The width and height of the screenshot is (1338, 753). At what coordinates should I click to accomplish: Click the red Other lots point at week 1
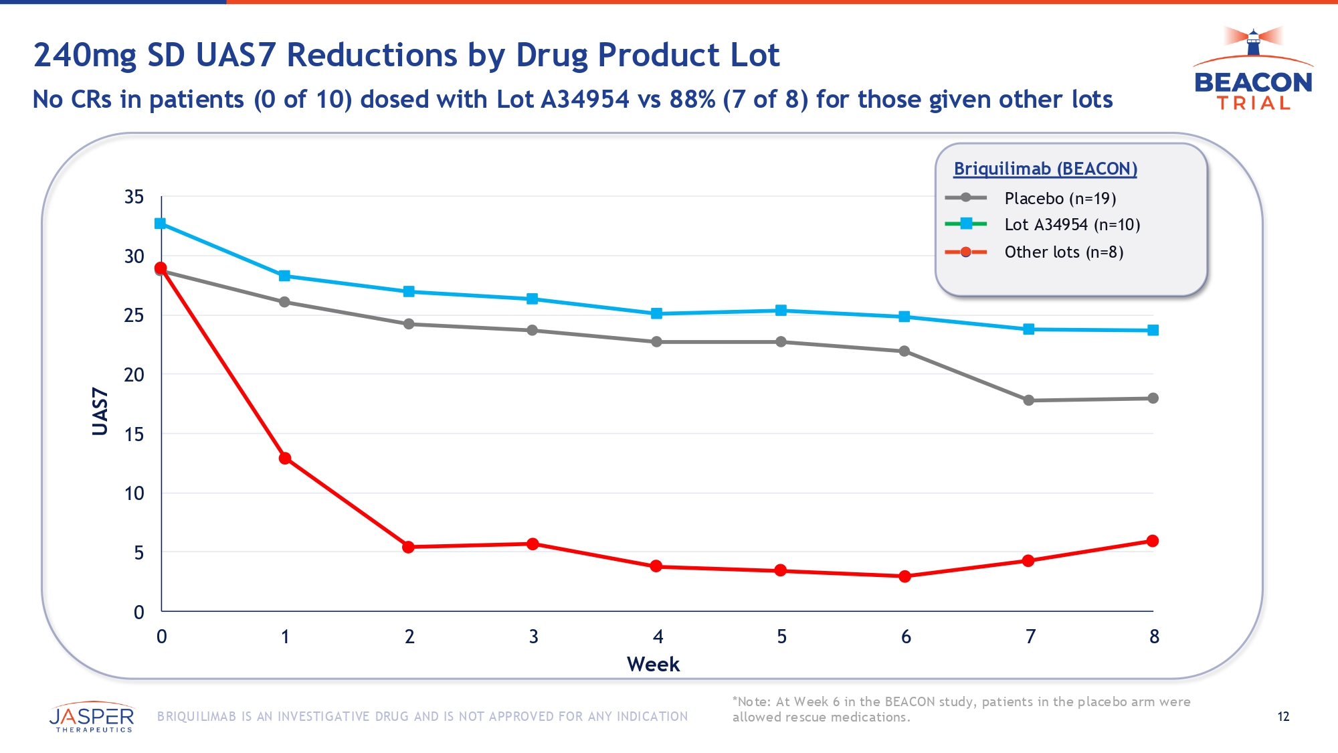[285, 458]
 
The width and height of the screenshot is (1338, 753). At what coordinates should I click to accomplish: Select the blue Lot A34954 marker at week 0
[161, 224]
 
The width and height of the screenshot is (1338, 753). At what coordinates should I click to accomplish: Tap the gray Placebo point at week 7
[1029, 400]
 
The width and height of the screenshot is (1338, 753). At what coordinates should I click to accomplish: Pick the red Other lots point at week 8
[1153, 541]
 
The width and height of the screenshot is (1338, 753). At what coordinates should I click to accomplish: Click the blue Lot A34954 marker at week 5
[781, 311]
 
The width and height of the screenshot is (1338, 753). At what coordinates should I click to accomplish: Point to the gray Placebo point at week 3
[533, 331]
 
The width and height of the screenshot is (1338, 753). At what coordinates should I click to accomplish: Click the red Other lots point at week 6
[905, 576]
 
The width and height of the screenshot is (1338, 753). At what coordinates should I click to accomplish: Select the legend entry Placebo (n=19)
[1060, 198]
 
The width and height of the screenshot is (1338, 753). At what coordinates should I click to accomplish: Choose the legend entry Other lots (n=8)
[1064, 252]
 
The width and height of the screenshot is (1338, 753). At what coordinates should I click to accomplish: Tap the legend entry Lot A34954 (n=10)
[1072, 225]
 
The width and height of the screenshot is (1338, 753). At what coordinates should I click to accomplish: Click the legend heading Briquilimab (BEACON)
[1045, 169]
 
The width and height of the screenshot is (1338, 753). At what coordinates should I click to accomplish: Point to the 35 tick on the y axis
[134, 197]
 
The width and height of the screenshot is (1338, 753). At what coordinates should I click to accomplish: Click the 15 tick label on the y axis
[134, 434]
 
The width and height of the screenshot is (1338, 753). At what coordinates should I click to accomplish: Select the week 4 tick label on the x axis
[658, 637]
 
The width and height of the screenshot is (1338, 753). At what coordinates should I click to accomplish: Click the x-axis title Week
[653, 665]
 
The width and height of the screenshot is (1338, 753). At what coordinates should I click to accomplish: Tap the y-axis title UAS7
[100, 412]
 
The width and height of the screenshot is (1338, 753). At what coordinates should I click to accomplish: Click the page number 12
[1283, 717]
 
